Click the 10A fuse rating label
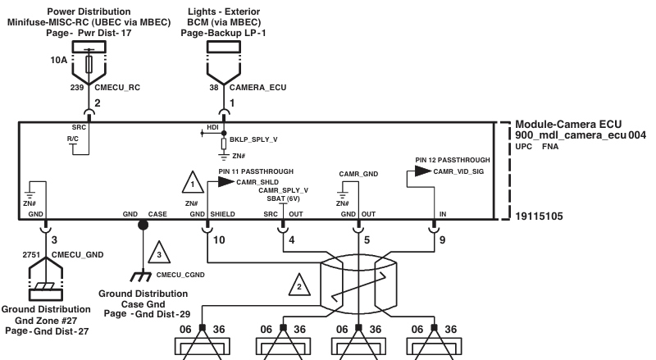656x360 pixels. (58, 61)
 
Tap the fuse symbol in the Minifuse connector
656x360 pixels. (89, 64)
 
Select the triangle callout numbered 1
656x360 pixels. (193, 182)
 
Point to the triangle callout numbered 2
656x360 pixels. (299, 285)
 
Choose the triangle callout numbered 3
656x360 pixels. (159, 253)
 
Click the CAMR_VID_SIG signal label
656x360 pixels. (458, 171)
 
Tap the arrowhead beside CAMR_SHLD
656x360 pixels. (226, 182)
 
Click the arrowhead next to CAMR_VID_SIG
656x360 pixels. (423, 171)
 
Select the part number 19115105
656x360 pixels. (539, 216)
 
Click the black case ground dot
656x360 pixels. (143, 226)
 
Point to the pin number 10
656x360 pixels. (219, 239)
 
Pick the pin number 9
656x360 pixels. (442, 239)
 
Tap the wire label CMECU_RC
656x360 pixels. (117, 88)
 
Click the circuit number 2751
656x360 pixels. (31, 255)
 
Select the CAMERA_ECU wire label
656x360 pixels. (257, 88)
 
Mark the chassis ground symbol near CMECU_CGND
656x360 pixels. (141, 276)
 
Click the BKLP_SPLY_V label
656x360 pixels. (253, 139)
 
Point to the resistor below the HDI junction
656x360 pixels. (224, 144)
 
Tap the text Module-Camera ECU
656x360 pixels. (568, 125)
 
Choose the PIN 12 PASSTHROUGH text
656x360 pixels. (453, 160)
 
